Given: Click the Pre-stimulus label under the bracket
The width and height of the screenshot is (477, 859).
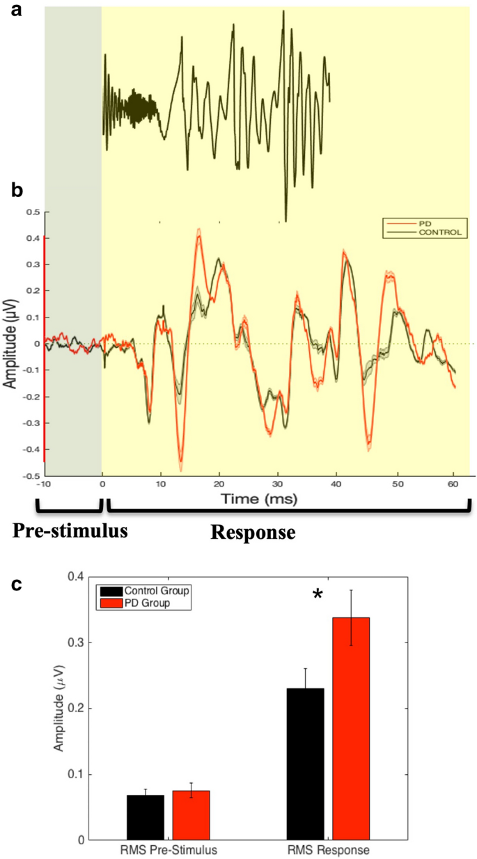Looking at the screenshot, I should (70, 532).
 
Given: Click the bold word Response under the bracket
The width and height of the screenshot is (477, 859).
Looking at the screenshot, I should (252, 533).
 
